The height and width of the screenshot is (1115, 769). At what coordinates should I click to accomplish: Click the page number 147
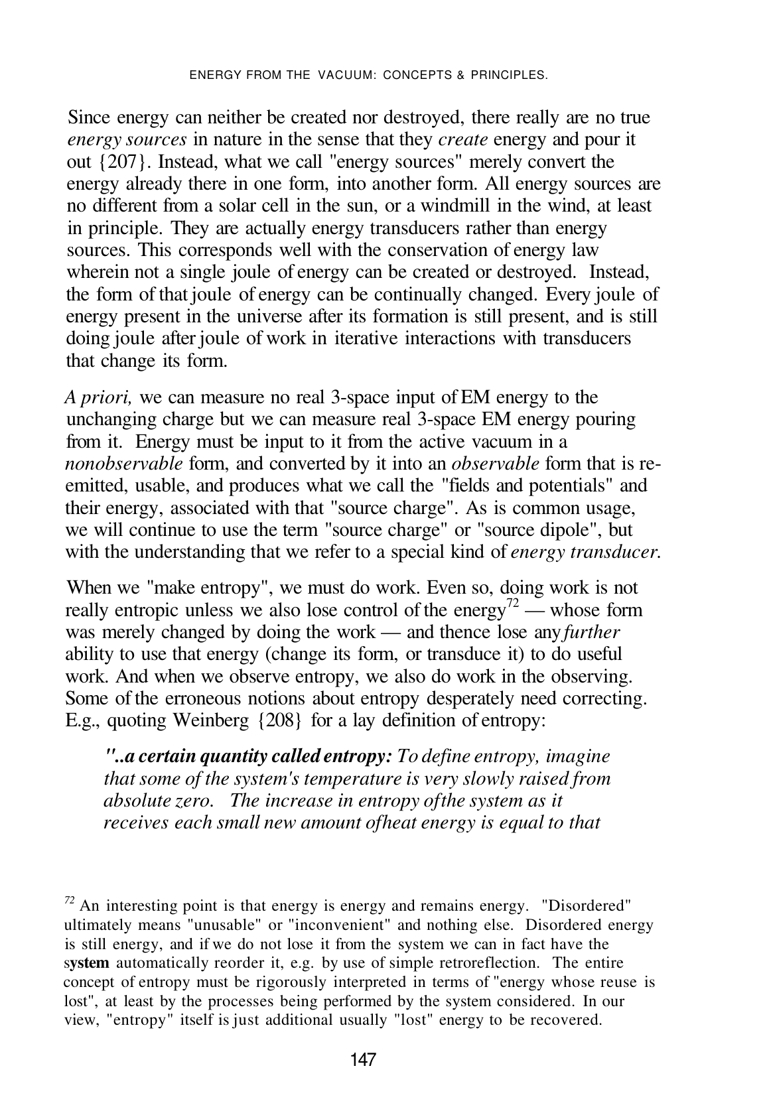(x=363, y=1059)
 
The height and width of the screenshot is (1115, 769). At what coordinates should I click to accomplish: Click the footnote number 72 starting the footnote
(x=70, y=900)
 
